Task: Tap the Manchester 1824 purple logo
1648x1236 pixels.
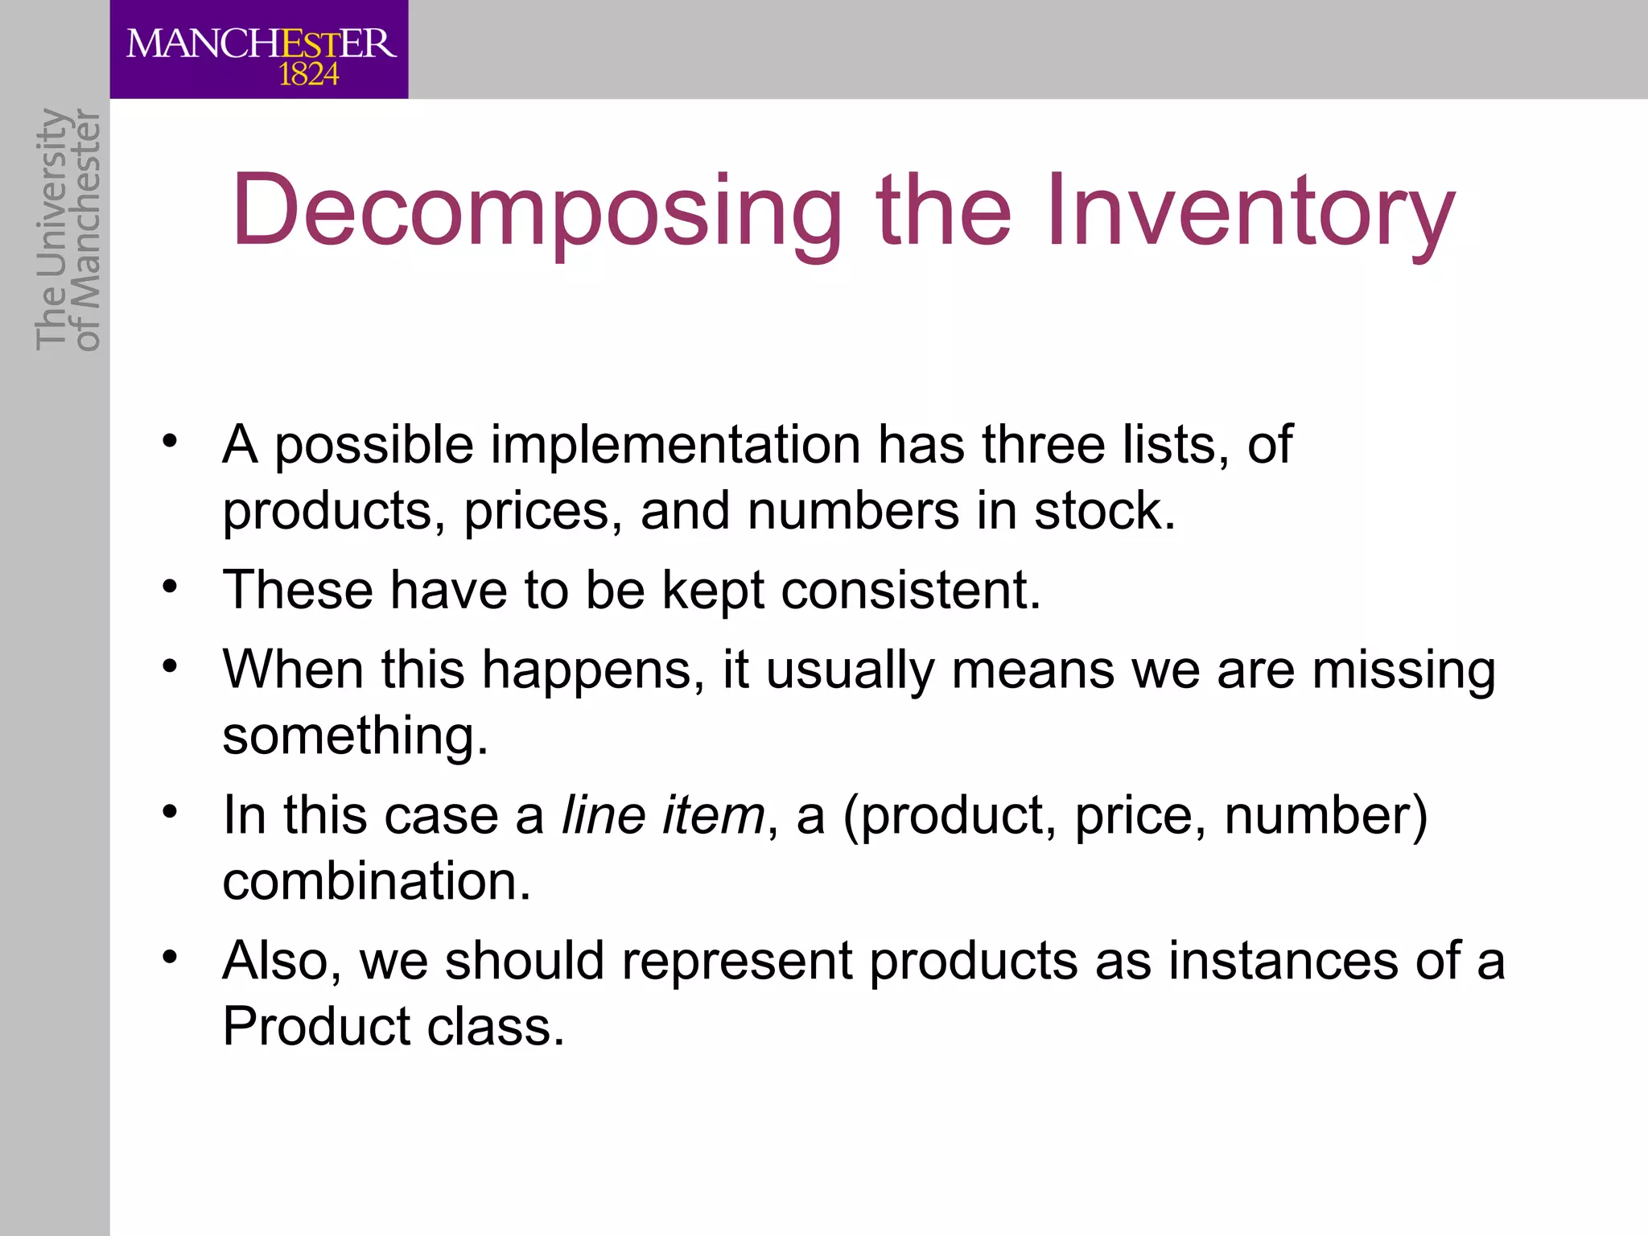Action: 259,50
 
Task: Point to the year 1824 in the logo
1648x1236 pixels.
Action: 309,76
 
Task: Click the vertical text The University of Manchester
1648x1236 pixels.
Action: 68,230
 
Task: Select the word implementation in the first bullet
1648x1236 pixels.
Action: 676,445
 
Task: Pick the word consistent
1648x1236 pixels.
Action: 910,590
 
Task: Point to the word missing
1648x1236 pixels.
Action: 1403,671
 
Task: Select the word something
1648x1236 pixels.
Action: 355,736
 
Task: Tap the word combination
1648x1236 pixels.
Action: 376,881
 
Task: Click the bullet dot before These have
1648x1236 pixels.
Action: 168,586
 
